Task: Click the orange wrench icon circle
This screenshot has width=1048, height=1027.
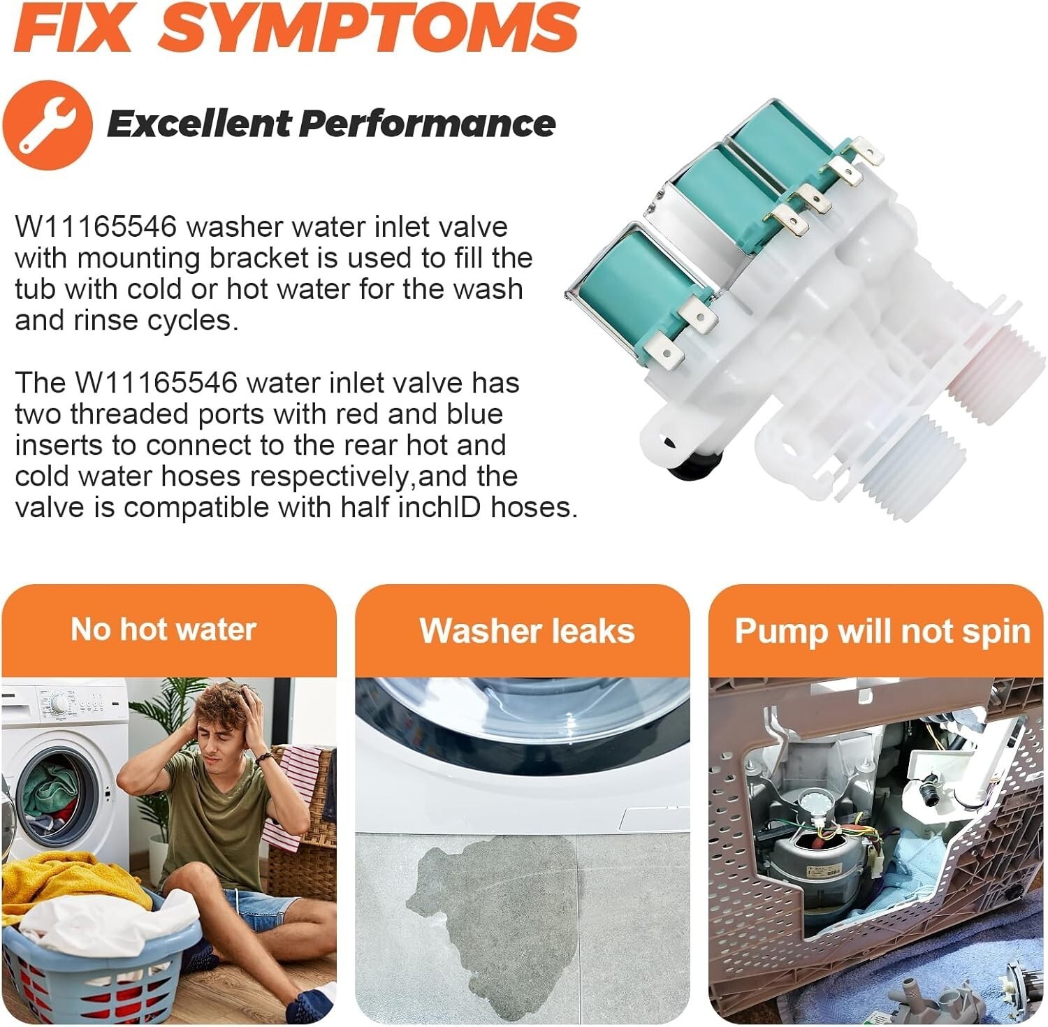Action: pos(48,125)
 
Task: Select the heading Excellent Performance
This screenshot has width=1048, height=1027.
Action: pos(331,124)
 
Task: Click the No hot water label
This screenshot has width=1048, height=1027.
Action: pos(163,629)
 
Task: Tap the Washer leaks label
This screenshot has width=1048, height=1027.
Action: pos(527,630)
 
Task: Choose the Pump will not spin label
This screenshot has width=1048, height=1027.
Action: pos(882,631)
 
